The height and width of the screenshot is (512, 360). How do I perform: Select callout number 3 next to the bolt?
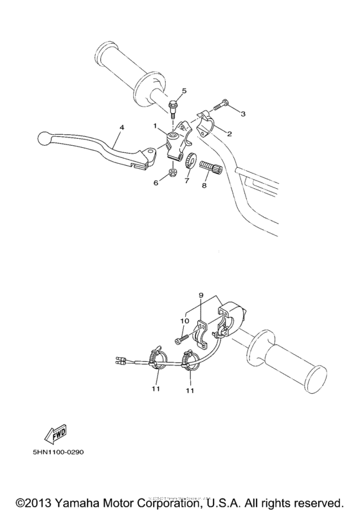click(243, 114)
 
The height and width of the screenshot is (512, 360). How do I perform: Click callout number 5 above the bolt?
click(184, 91)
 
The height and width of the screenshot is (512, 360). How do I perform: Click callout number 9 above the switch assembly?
click(201, 296)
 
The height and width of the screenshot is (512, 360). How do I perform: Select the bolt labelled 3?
click(221, 104)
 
